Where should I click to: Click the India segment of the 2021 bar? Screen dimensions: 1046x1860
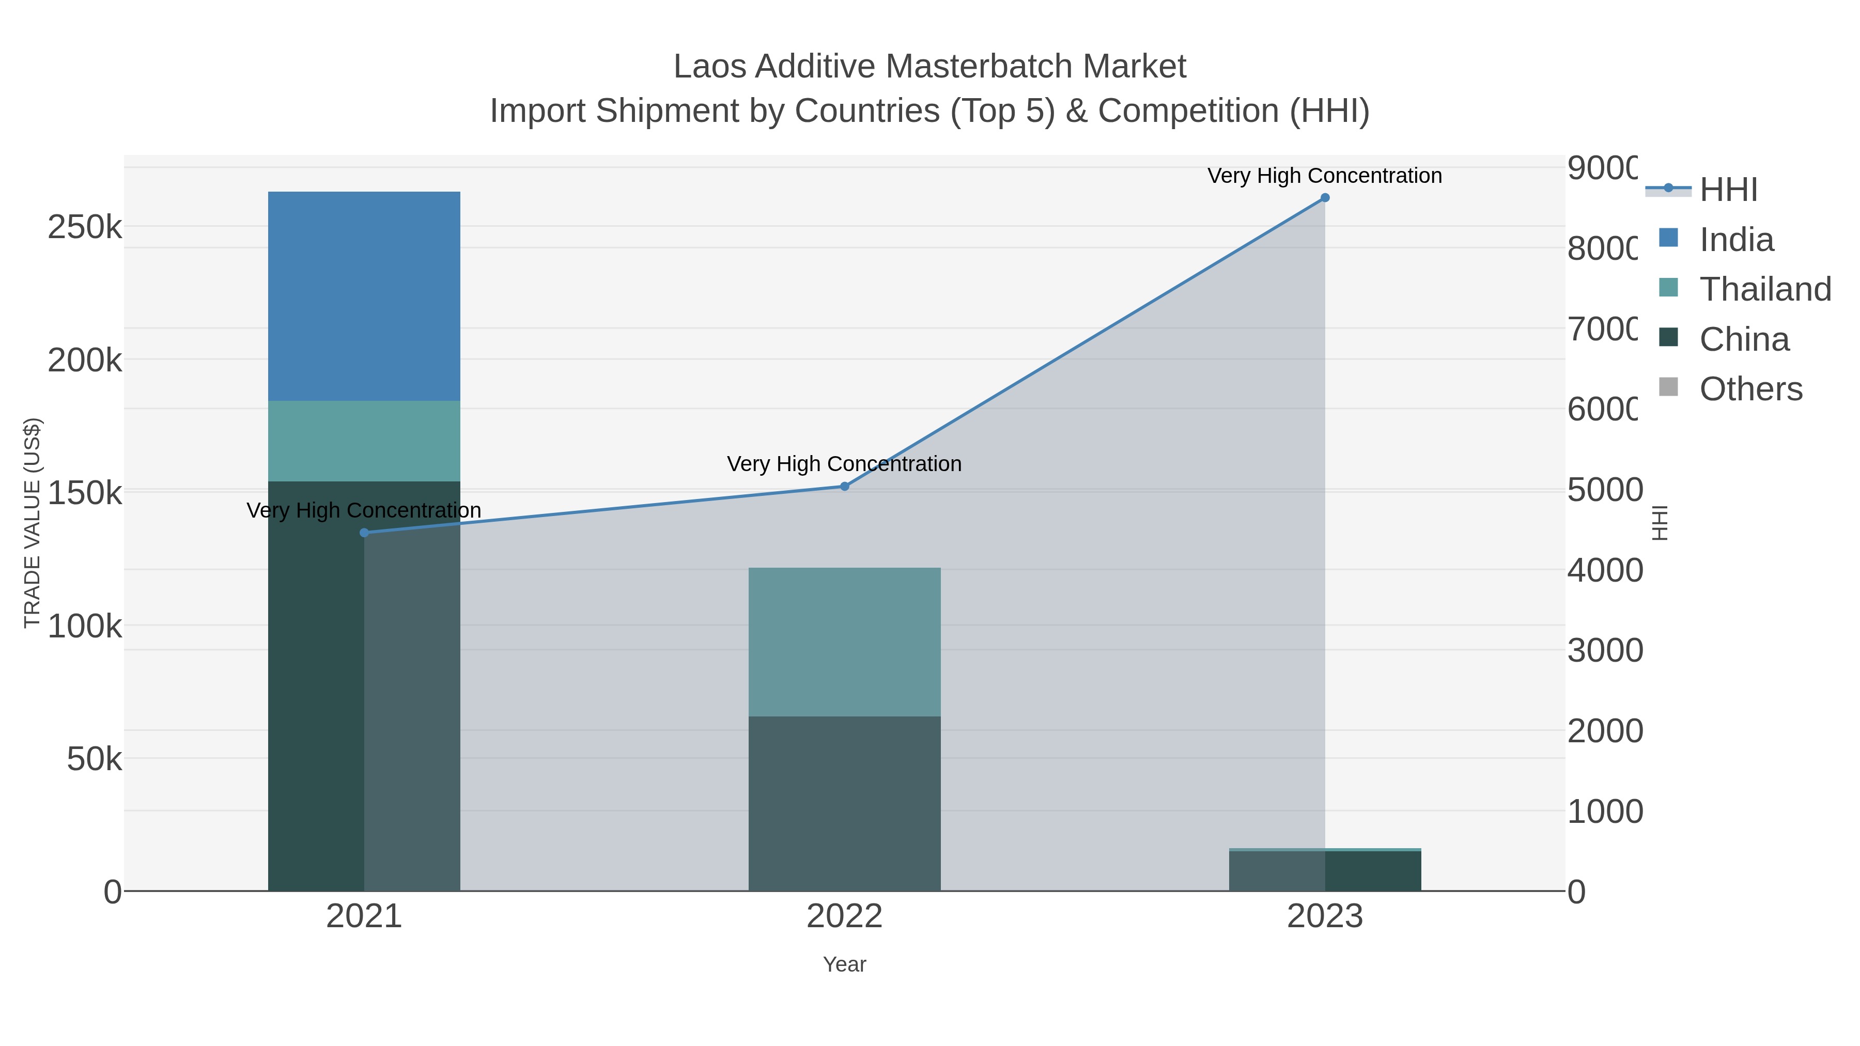[x=364, y=296]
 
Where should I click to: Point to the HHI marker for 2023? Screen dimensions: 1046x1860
[x=1325, y=198]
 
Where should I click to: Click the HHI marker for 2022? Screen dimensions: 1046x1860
[x=845, y=487]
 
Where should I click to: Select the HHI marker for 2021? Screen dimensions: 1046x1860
[x=364, y=533]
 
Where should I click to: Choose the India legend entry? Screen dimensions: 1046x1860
[x=1736, y=240]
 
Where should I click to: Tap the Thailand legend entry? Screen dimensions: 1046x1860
[x=1765, y=289]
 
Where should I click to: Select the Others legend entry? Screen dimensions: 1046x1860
[x=1750, y=389]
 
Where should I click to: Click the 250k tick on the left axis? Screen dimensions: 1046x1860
[x=85, y=227]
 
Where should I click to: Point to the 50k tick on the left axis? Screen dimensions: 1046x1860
[x=94, y=759]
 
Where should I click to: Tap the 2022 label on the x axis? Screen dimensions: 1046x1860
[x=844, y=917]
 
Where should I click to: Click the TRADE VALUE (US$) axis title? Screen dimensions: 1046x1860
[x=33, y=523]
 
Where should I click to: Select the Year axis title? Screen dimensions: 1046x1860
[x=844, y=964]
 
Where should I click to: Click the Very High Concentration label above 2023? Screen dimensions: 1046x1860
[x=1324, y=176]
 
